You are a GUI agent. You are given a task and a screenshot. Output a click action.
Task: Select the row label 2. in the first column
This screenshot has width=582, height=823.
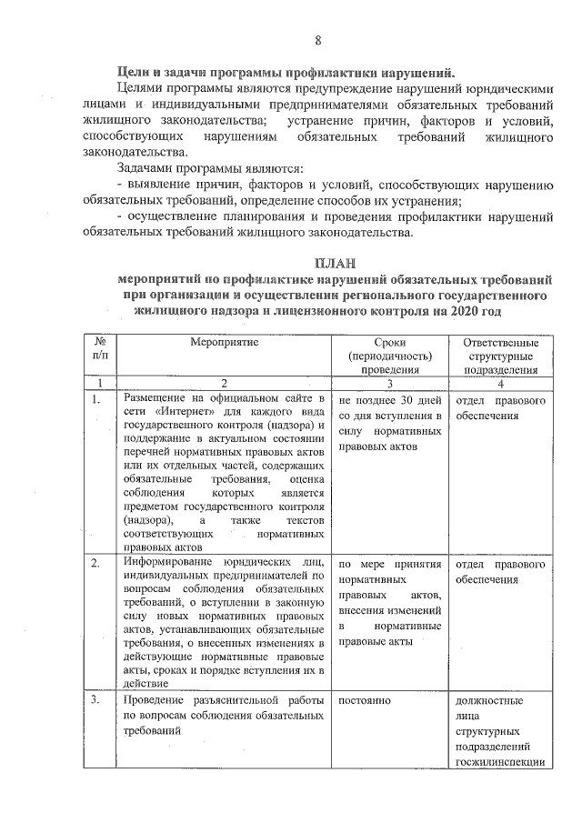tap(95, 565)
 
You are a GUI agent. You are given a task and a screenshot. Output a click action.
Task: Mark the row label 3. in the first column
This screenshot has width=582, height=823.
tap(95, 701)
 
